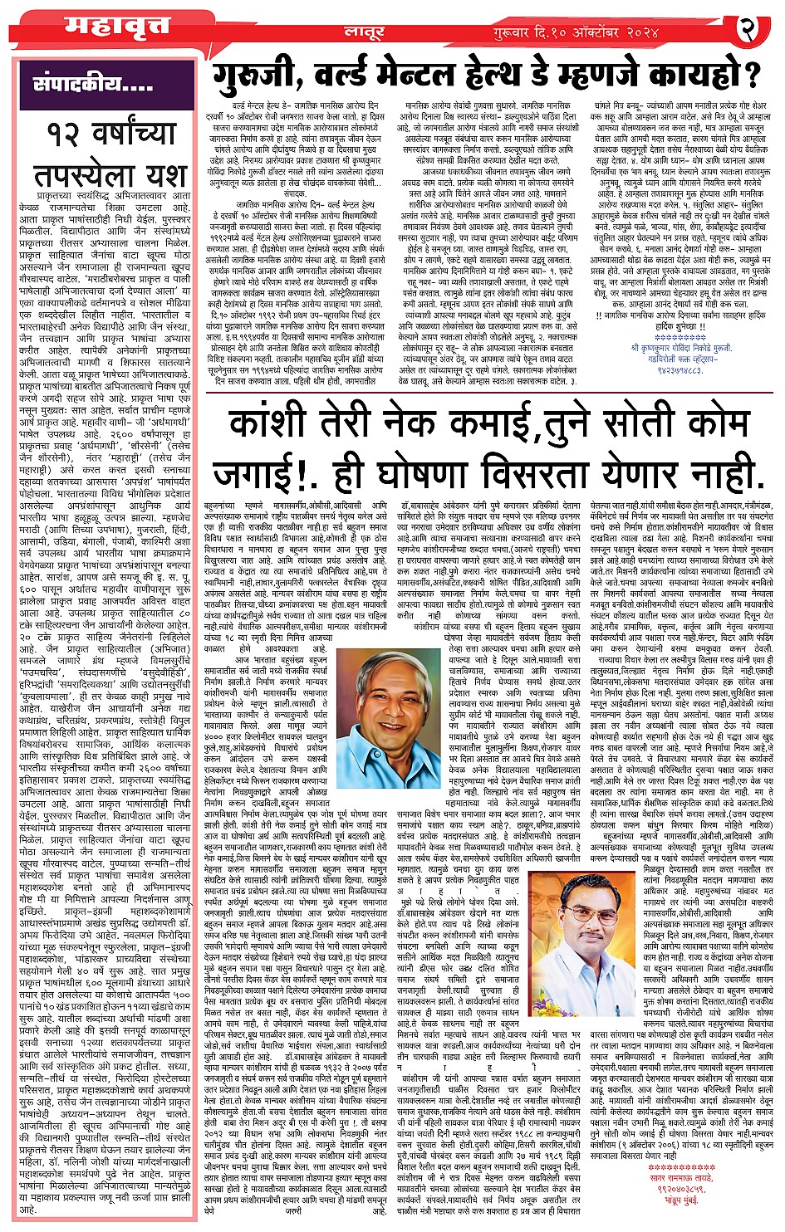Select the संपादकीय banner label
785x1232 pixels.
[x=91, y=83]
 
